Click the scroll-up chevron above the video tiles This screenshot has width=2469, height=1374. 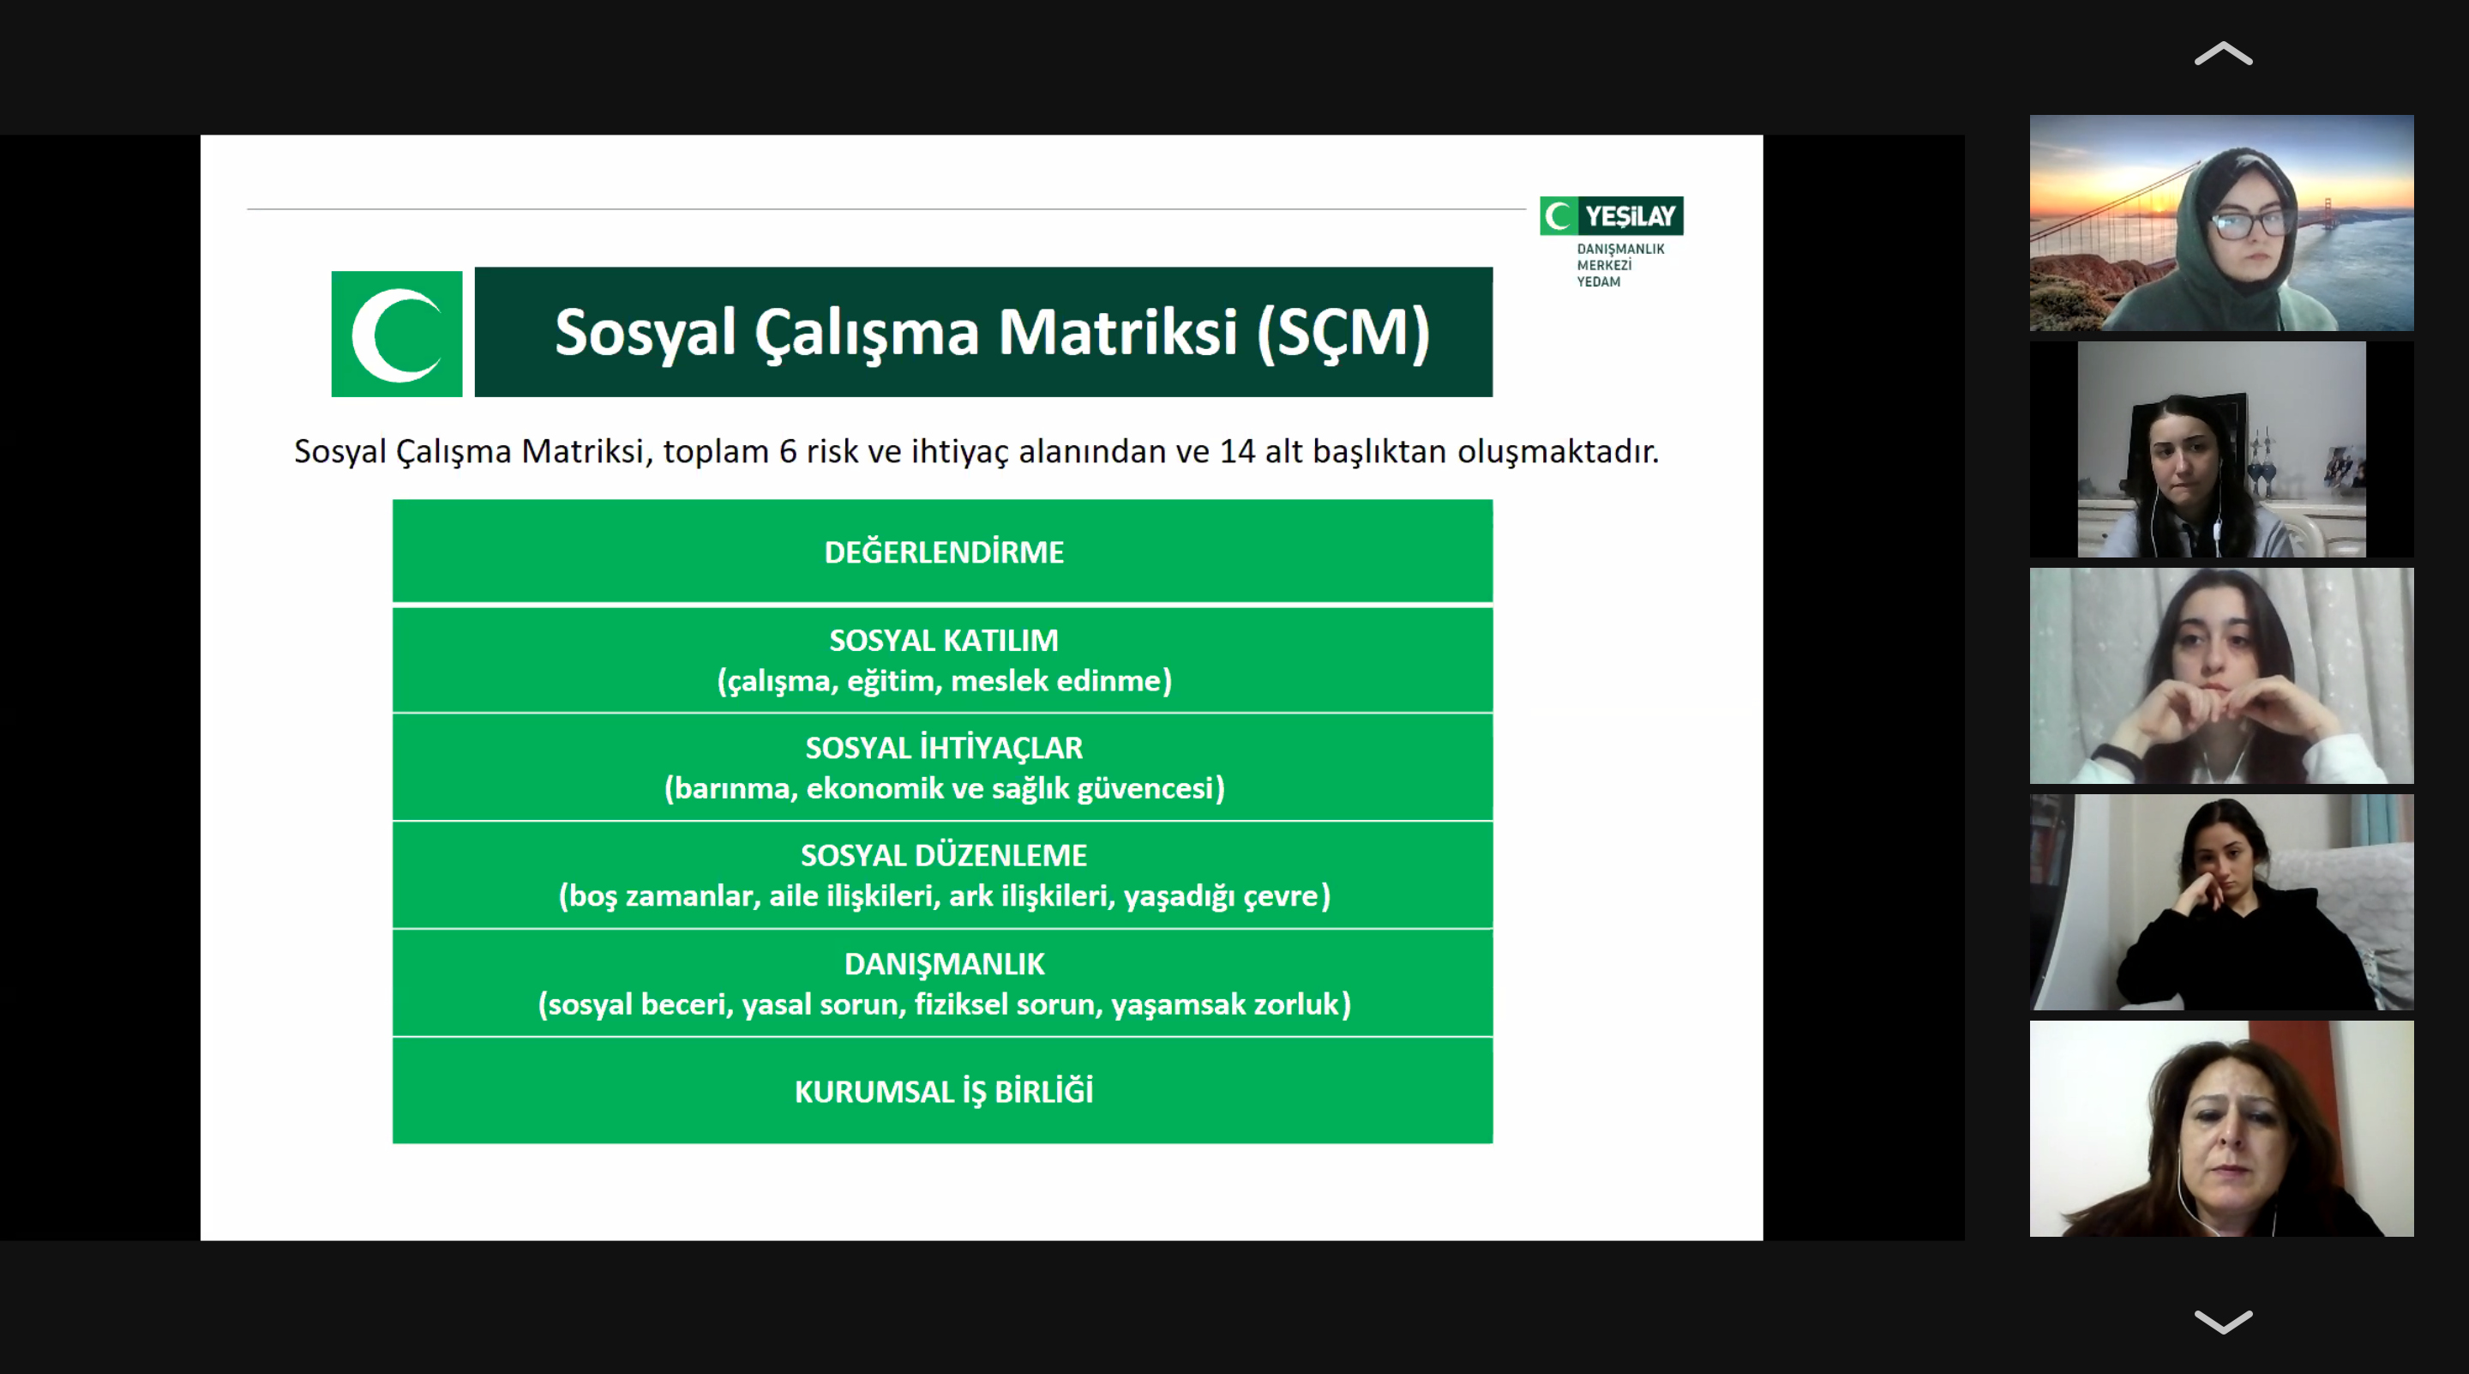pos(2223,54)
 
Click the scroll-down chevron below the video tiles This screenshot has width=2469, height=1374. pos(2223,1323)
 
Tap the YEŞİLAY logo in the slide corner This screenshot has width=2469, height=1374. pos(1611,216)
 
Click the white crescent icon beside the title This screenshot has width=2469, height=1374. pos(397,334)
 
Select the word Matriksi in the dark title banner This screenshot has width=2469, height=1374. pos(1118,333)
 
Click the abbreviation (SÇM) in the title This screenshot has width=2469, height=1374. pos(1343,334)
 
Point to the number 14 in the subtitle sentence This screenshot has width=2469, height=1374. pos(1236,452)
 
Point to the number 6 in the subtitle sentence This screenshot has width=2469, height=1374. pos(788,452)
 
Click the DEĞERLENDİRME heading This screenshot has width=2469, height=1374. pos(944,551)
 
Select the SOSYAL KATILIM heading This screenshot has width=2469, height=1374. pos(944,641)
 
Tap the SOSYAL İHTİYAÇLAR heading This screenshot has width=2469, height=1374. pos(944,748)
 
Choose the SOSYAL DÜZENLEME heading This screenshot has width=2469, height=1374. pos(944,855)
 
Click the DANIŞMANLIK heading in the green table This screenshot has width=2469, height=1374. pos(944,964)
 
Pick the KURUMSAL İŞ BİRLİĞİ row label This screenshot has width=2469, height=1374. pos(944,1091)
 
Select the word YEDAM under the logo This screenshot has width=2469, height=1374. pos(1599,282)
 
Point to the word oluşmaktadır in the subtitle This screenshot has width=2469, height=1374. pos(1558,452)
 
